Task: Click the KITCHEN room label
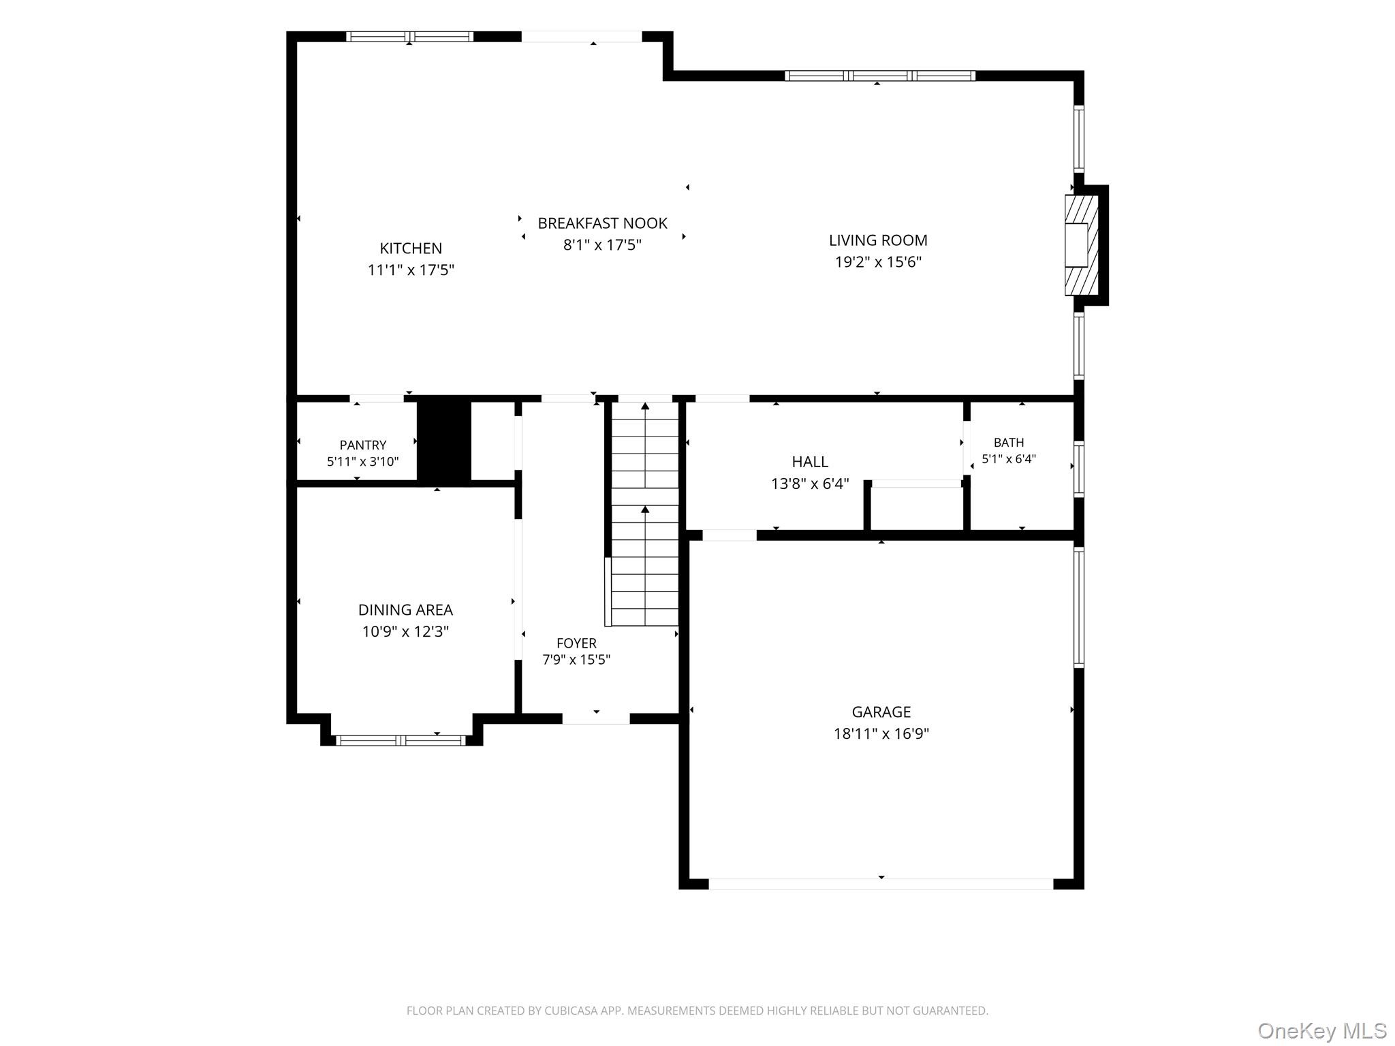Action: point(411,248)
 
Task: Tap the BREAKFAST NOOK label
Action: point(602,223)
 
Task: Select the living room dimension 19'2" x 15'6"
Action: point(878,261)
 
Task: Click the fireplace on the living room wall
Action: point(1082,245)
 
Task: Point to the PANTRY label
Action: point(363,445)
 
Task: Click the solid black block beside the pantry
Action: point(444,441)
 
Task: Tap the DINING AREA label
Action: point(405,609)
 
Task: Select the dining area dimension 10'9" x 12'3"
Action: point(405,631)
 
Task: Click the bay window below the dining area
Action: point(402,740)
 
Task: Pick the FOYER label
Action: point(576,643)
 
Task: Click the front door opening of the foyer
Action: point(596,718)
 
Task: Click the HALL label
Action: point(810,462)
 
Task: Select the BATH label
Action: point(1009,442)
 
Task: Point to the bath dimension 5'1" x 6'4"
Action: point(1009,459)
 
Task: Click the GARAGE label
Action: point(881,712)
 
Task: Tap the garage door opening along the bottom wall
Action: point(881,884)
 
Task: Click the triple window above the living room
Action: point(880,76)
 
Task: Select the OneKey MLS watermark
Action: point(1322,1030)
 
